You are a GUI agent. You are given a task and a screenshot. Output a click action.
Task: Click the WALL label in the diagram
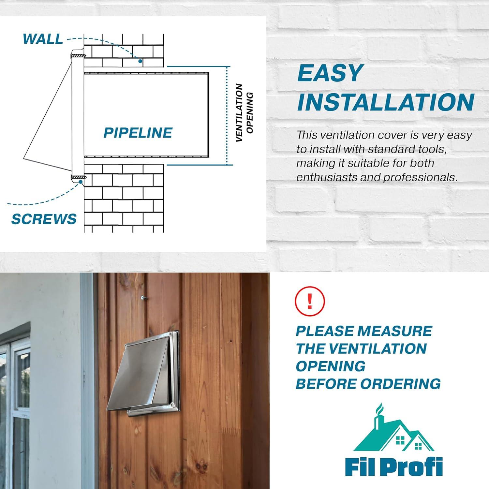tap(43, 39)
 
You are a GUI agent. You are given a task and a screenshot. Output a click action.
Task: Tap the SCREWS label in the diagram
tap(44, 219)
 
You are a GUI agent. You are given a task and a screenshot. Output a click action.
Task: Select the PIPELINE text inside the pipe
tap(138, 133)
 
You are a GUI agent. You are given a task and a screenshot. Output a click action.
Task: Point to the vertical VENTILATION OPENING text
tap(244, 112)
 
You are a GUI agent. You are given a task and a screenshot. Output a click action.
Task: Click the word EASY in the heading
tap(330, 73)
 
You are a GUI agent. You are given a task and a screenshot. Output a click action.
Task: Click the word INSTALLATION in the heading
tap(385, 102)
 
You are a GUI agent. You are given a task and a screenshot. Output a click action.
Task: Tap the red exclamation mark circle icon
tap(309, 301)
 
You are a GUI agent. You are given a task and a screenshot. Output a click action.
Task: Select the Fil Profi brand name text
tap(394, 467)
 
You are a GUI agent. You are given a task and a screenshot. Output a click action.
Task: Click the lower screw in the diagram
tap(79, 177)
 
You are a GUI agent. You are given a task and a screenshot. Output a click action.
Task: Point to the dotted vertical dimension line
tap(227, 116)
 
